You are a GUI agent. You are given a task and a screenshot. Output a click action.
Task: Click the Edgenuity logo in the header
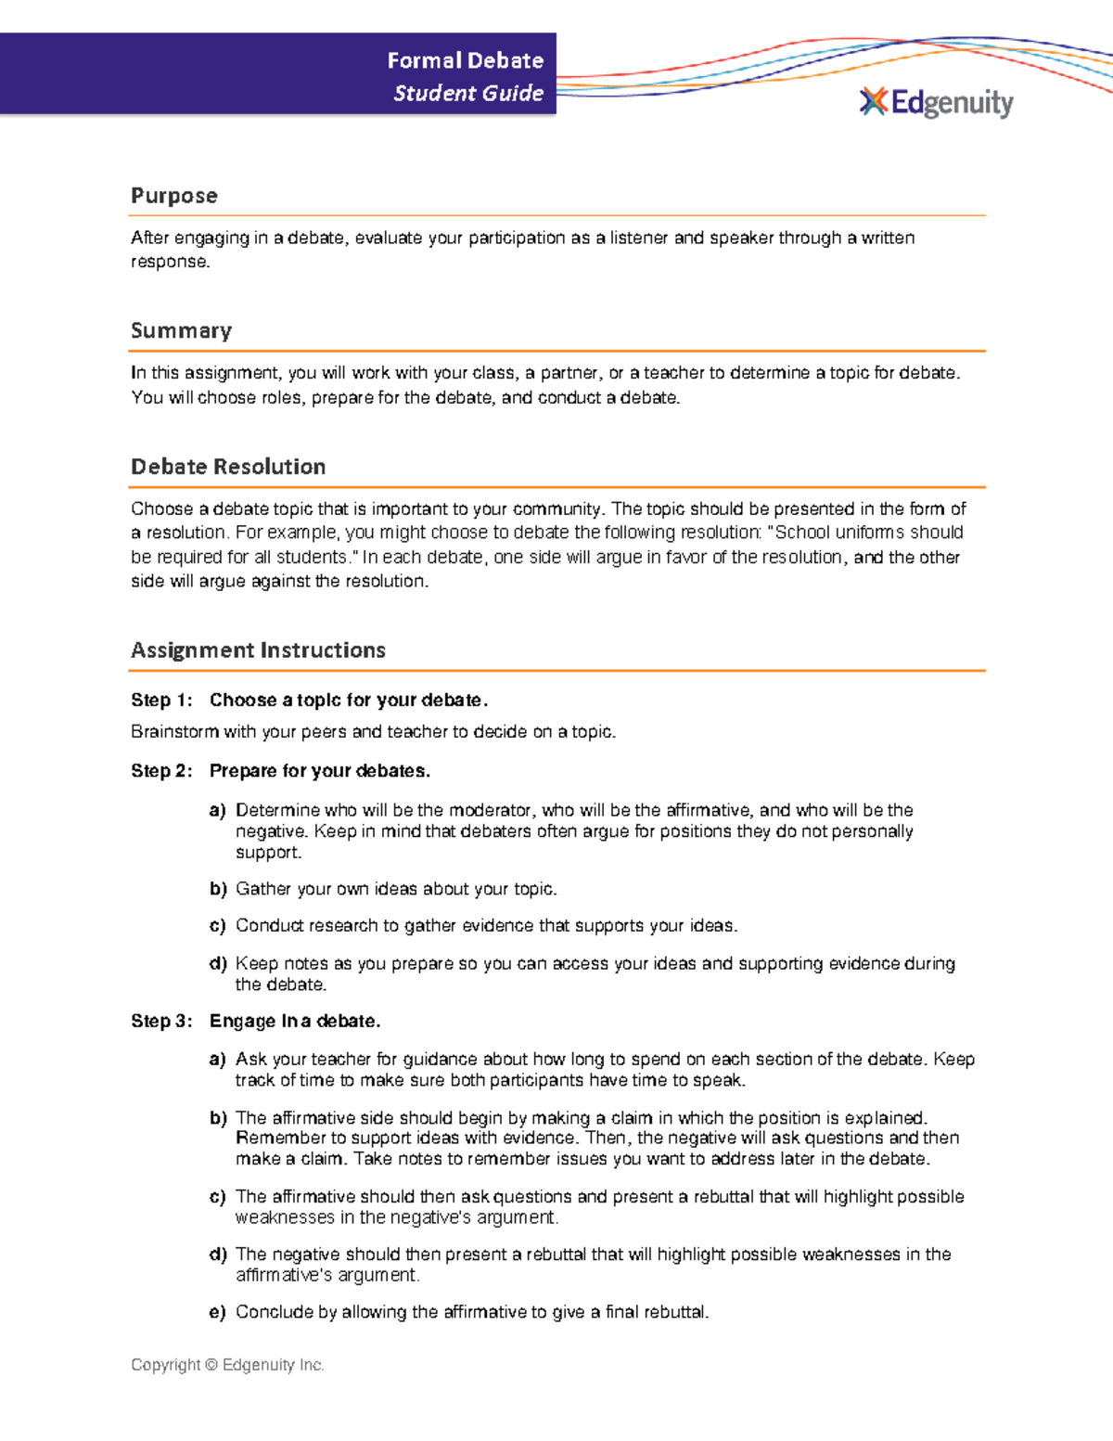coord(937,102)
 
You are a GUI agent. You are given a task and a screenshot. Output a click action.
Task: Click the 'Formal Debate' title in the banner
coord(465,60)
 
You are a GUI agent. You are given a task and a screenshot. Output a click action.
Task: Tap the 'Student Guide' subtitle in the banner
coord(468,93)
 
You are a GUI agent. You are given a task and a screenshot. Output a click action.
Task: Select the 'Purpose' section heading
coord(174,196)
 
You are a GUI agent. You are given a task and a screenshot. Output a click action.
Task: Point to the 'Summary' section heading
coord(181,331)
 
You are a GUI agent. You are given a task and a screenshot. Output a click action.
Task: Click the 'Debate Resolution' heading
coord(228,467)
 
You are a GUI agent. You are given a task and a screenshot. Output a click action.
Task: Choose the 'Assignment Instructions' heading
coord(258,650)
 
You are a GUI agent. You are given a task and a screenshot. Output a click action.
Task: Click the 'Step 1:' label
coord(161,701)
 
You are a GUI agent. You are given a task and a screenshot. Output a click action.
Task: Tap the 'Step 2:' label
coord(161,771)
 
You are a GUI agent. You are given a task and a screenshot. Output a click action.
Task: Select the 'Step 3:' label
coord(161,1022)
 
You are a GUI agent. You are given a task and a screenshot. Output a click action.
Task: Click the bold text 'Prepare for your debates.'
coord(320,771)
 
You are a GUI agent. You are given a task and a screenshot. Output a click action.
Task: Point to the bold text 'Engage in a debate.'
coord(295,1022)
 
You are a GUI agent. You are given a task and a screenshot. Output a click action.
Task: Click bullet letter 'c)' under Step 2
coord(218,926)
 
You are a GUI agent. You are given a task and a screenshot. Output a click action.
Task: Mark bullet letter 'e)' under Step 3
coord(218,1312)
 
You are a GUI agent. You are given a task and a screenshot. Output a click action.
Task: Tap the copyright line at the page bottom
coord(227,1365)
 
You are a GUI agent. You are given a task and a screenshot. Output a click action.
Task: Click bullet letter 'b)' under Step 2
coord(218,889)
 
